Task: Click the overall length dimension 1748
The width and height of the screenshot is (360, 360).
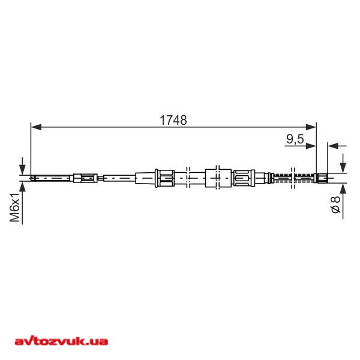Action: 173,119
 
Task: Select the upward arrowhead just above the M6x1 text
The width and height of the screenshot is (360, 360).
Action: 23,185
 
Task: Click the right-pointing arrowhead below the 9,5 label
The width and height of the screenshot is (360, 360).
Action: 311,145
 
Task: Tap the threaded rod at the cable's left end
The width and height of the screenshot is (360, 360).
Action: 51,177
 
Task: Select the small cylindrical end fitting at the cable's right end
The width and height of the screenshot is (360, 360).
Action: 321,177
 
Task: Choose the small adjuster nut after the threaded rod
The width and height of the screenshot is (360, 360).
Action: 85,177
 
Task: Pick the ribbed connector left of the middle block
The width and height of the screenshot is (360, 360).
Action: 164,177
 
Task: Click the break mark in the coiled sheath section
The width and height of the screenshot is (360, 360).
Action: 293,177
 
